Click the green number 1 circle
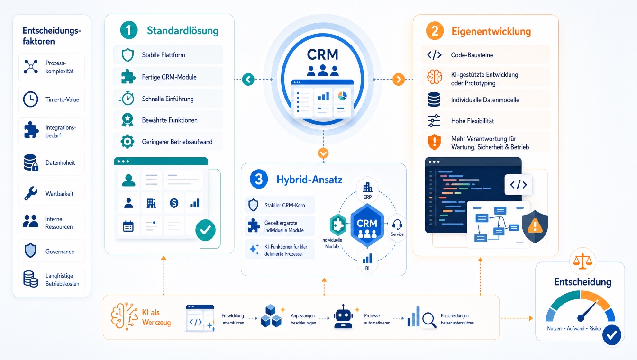pos(129,30)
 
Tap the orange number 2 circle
pos(435,31)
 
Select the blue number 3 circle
pos(259,179)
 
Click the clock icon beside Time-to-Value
pos(30,99)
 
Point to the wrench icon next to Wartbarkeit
pos(31,193)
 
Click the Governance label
pos(60,252)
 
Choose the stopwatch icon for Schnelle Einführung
pos(127,99)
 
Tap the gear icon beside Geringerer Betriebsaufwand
pos(127,142)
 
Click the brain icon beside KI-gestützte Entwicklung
pos(435,77)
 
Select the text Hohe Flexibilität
pos(473,121)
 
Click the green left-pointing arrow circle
pos(248,79)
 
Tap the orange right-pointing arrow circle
pos(399,79)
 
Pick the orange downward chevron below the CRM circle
pos(323,153)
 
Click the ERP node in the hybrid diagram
pos(367,190)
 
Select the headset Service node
pos(397,227)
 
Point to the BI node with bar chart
pos(367,261)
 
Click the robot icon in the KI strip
pos(343,316)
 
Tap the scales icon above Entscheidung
pos(582,261)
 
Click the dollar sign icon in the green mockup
pos(174,203)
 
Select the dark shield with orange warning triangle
pos(535,226)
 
